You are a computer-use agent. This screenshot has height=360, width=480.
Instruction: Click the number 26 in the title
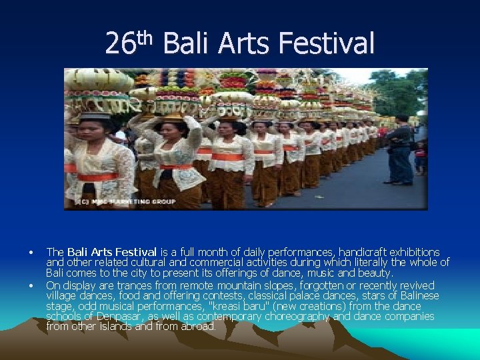tap(121, 45)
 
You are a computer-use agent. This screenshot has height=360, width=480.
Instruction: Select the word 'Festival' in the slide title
tap(327, 45)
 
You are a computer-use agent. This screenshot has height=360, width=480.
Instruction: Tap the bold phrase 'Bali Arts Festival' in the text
tap(112, 252)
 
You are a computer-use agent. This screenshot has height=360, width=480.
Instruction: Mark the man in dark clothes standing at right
tap(401, 149)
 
